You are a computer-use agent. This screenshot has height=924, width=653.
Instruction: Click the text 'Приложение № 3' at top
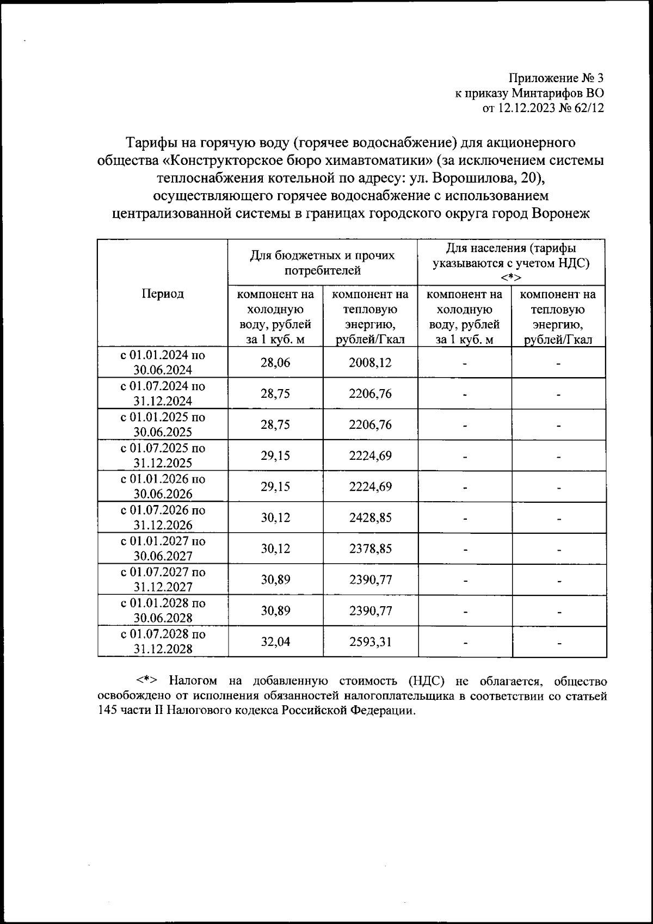556,78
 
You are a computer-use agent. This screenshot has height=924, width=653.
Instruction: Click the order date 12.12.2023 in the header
526,108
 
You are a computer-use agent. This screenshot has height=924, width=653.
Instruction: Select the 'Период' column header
163,294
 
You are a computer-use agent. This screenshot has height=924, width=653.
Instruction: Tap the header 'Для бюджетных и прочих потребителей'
323,262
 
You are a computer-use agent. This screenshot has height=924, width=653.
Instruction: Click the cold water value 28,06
275,363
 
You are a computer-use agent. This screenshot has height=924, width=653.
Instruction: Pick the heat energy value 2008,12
370,363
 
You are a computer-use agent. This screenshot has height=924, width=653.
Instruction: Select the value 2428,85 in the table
370,518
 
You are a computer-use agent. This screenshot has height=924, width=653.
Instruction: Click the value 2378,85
370,549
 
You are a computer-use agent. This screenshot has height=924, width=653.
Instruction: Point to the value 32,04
275,642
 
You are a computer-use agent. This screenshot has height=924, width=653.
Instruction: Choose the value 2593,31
370,642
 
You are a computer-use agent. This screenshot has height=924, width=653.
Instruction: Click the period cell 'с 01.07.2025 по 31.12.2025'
163,455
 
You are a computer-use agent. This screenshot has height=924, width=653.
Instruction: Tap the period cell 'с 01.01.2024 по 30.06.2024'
163,362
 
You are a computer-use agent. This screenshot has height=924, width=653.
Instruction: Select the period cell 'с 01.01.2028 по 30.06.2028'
163,611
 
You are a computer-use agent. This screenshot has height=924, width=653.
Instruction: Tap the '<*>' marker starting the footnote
147,681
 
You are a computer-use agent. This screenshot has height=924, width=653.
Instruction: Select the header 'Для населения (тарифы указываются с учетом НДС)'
511,256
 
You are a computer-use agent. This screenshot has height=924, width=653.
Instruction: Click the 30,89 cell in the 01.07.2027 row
275,580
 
